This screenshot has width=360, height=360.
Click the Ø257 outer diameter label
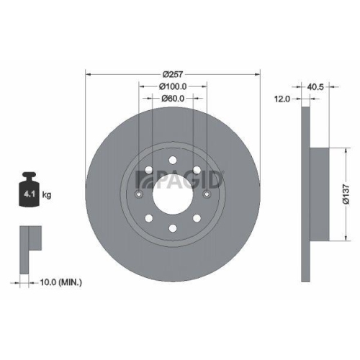coord(173,74)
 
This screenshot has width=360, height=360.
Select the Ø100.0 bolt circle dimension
coord(173,86)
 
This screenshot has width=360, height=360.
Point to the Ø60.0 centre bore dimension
coord(173,99)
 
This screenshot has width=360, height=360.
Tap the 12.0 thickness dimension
coord(282,99)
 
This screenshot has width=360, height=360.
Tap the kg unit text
coord(48,194)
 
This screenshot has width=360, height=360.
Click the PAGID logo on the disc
coord(204,176)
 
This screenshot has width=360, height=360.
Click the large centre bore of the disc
coord(173,194)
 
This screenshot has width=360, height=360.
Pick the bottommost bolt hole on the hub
coord(173,229)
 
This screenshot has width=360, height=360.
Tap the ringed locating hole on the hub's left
coord(139,194)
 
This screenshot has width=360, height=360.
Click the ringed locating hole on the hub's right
coord(207,194)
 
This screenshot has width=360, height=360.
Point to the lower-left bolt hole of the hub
coord(148,219)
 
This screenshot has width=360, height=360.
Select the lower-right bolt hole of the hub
coord(197,219)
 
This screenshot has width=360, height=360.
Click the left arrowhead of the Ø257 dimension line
coord(89,74)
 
